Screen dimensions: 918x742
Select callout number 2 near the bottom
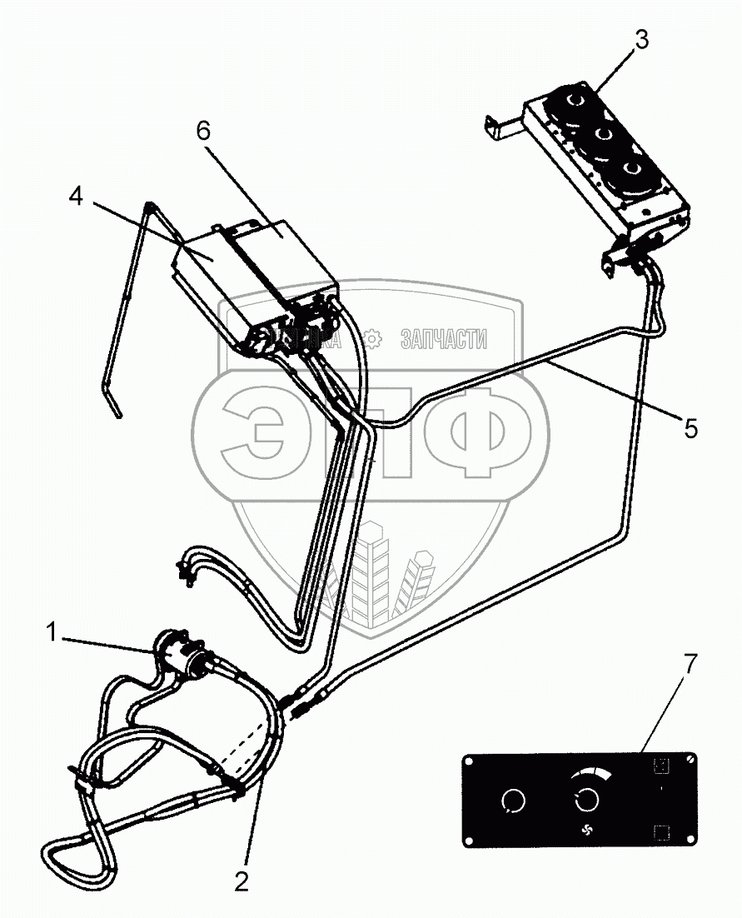(x=242, y=881)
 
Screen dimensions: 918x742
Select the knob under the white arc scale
(x=586, y=800)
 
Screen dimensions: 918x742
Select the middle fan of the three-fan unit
(x=604, y=137)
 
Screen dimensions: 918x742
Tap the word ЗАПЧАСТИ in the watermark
(x=444, y=338)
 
